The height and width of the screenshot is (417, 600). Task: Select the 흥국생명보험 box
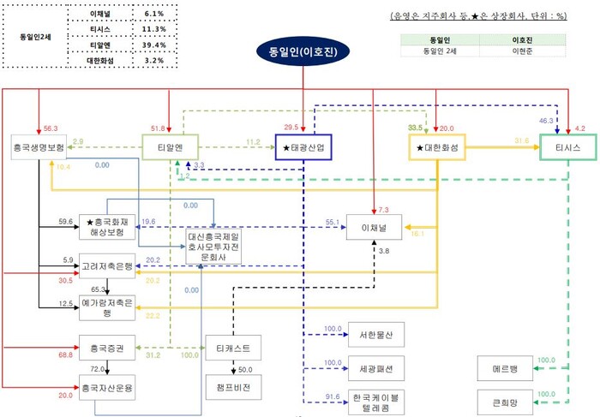pyautogui.click(x=39, y=147)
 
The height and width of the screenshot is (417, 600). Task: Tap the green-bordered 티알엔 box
pyautogui.click(x=170, y=147)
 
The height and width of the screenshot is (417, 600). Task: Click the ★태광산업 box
pyautogui.click(x=303, y=147)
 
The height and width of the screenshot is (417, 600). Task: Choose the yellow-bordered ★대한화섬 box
pyautogui.click(x=437, y=147)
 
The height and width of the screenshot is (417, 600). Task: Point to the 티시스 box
pyautogui.click(x=567, y=147)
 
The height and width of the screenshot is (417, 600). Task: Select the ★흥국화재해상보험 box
pyautogui.click(x=108, y=227)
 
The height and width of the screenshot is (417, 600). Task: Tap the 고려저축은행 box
pyautogui.click(x=108, y=267)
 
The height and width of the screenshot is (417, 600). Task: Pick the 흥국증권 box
pyautogui.click(x=108, y=348)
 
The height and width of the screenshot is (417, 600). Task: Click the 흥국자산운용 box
pyautogui.click(x=108, y=386)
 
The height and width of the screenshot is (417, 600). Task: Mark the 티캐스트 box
pyautogui.click(x=234, y=348)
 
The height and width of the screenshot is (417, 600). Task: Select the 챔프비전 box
pyautogui.click(x=234, y=385)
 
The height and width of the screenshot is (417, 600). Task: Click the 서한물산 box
pyautogui.click(x=371, y=334)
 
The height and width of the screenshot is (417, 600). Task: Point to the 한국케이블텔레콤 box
pyautogui.click(x=371, y=403)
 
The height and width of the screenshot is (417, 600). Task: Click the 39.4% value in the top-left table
pyautogui.click(x=155, y=45)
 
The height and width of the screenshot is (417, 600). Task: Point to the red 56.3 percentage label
pyautogui.click(x=50, y=128)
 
